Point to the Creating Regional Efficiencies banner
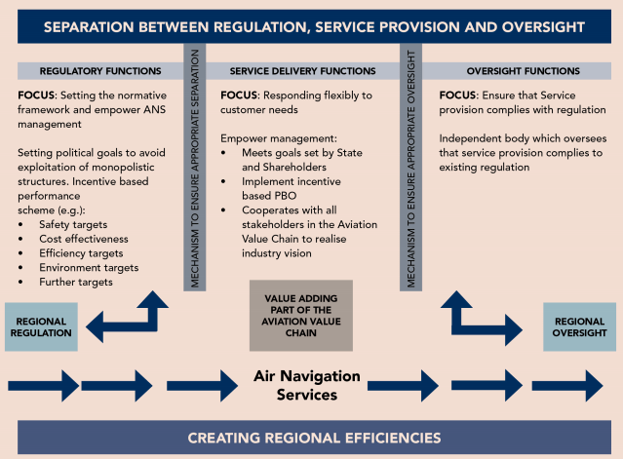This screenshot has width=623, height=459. [312, 438]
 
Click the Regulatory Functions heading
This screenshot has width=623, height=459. [92, 71]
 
